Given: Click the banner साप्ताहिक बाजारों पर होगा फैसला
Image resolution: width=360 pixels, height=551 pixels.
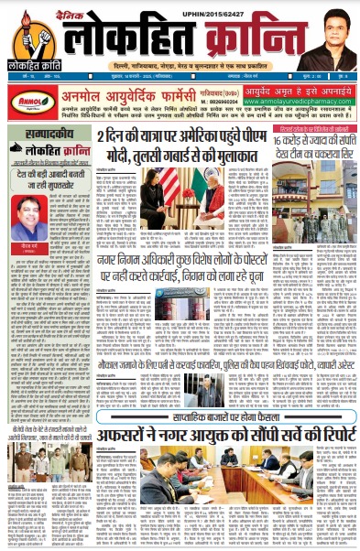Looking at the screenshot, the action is click(183, 389).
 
